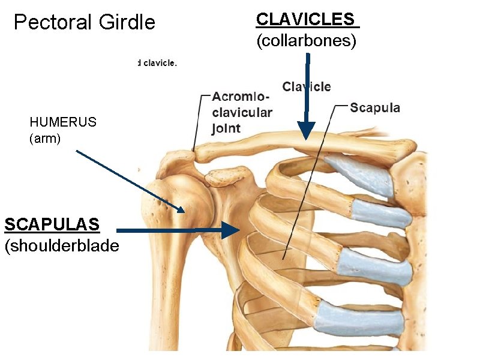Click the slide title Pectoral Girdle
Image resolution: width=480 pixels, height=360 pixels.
click(x=84, y=23)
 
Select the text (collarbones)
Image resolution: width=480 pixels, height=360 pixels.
click(x=306, y=41)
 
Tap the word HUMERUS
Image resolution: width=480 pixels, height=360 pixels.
click(x=63, y=122)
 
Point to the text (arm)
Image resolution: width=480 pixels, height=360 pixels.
click(x=45, y=139)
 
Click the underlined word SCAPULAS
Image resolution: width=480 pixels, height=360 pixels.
click(x=52, y=224)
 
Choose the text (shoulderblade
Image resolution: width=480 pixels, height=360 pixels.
click(x=61, y=246)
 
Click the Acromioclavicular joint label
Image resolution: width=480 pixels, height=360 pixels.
click(x=242, y=113)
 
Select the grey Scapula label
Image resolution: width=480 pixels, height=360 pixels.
click(x=375, y=108)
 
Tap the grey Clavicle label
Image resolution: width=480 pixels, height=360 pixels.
click(x=307, y=87)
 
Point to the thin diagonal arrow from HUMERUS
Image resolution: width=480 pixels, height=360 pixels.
click(x=129, y=180)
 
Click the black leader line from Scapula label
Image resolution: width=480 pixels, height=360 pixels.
click(x=309, y=180)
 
